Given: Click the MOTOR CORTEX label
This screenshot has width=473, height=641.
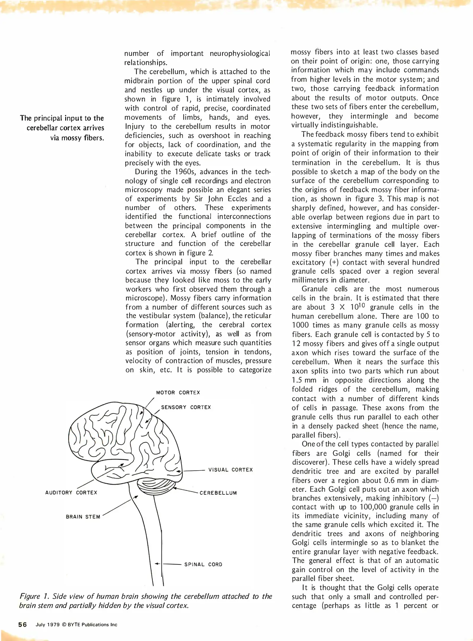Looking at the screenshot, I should pos(178,393).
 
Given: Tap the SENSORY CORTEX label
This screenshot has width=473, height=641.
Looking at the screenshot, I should pos(186,407).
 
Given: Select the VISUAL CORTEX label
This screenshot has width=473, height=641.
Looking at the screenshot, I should pos(230,470).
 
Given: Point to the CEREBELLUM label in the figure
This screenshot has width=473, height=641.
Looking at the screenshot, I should pos(218,493).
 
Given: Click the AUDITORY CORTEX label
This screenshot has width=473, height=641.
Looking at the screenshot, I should pos(71,493).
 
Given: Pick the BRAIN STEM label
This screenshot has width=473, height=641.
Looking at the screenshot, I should pos(83,517).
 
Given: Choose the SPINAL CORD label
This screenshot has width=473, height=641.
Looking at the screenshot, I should pos(203,564).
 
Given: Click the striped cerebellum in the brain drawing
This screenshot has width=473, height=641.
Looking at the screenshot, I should pos(156,487).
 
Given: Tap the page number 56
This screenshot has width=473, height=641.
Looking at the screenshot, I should pos(23,625).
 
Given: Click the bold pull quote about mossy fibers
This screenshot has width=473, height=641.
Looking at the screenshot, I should pos(62,128).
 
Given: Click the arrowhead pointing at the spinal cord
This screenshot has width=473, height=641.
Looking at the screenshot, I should pos(157,564).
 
